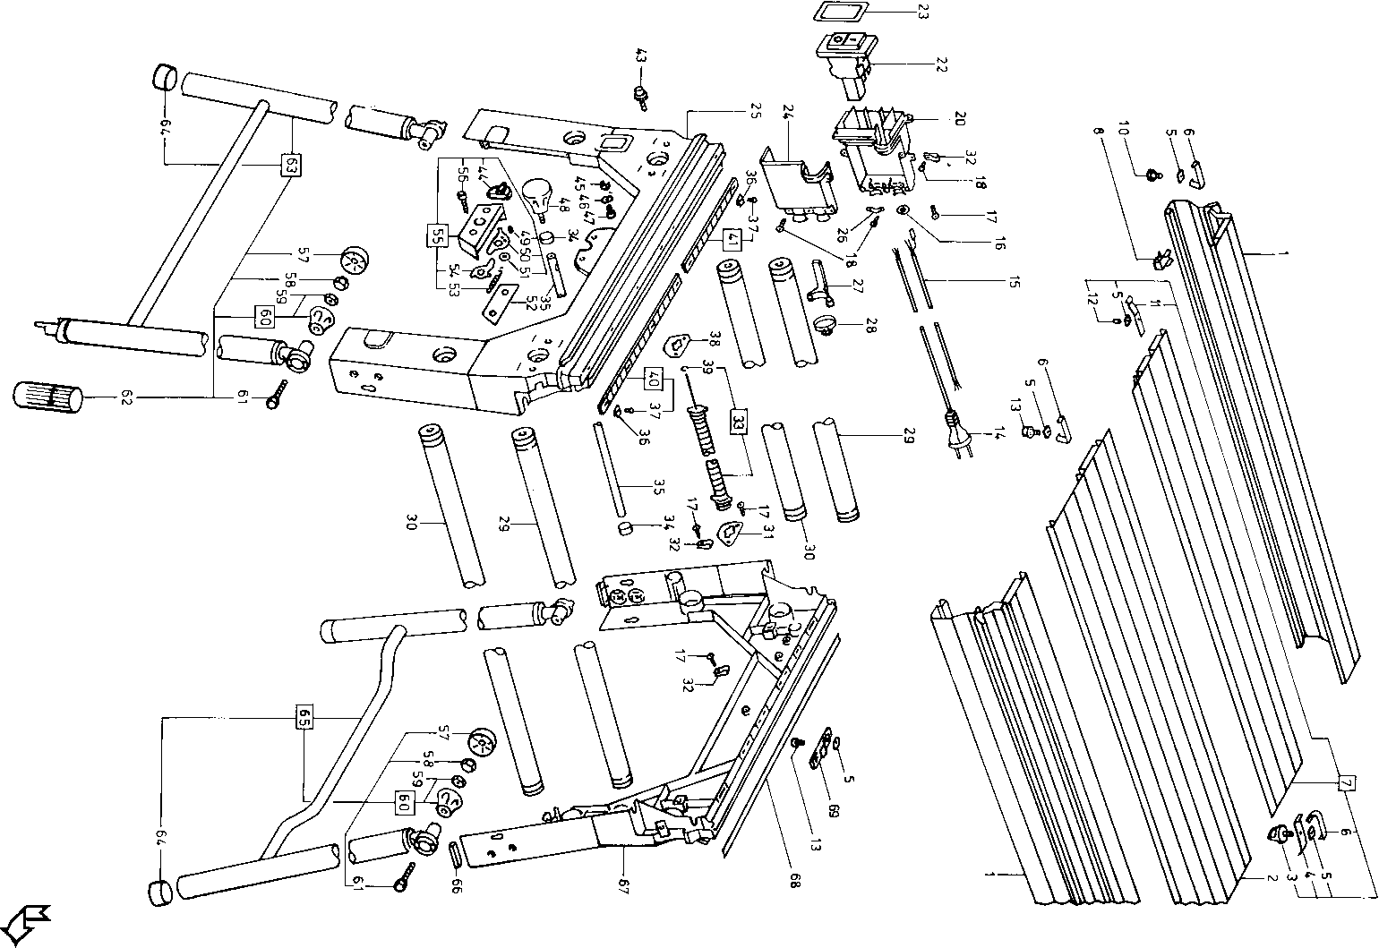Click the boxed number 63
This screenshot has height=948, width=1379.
point(291,166)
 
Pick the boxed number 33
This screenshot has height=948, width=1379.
point(738,421)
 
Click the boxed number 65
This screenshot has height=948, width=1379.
point(304,718)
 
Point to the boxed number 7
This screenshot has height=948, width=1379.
point(1345,781)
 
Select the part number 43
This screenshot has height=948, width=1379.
point(640,56)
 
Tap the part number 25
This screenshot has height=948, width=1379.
point(755,112)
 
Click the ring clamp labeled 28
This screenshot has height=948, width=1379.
point(827,324)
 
